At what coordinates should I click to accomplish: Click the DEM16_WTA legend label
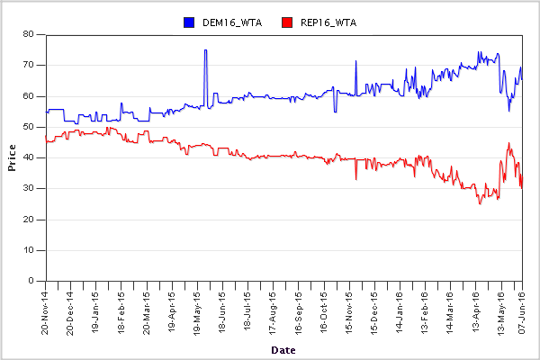tap(232, 22)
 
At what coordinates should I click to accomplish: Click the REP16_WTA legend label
tap(328, 22)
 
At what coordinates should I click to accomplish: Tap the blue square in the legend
tap(189, 22)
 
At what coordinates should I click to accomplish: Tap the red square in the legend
tap(287, 22)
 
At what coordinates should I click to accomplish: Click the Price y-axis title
tap(12, 157)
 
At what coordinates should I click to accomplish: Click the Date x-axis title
tap(283, 348)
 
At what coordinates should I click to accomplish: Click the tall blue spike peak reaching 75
tap(205, 50)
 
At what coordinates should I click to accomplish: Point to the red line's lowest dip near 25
tap(480, 203)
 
